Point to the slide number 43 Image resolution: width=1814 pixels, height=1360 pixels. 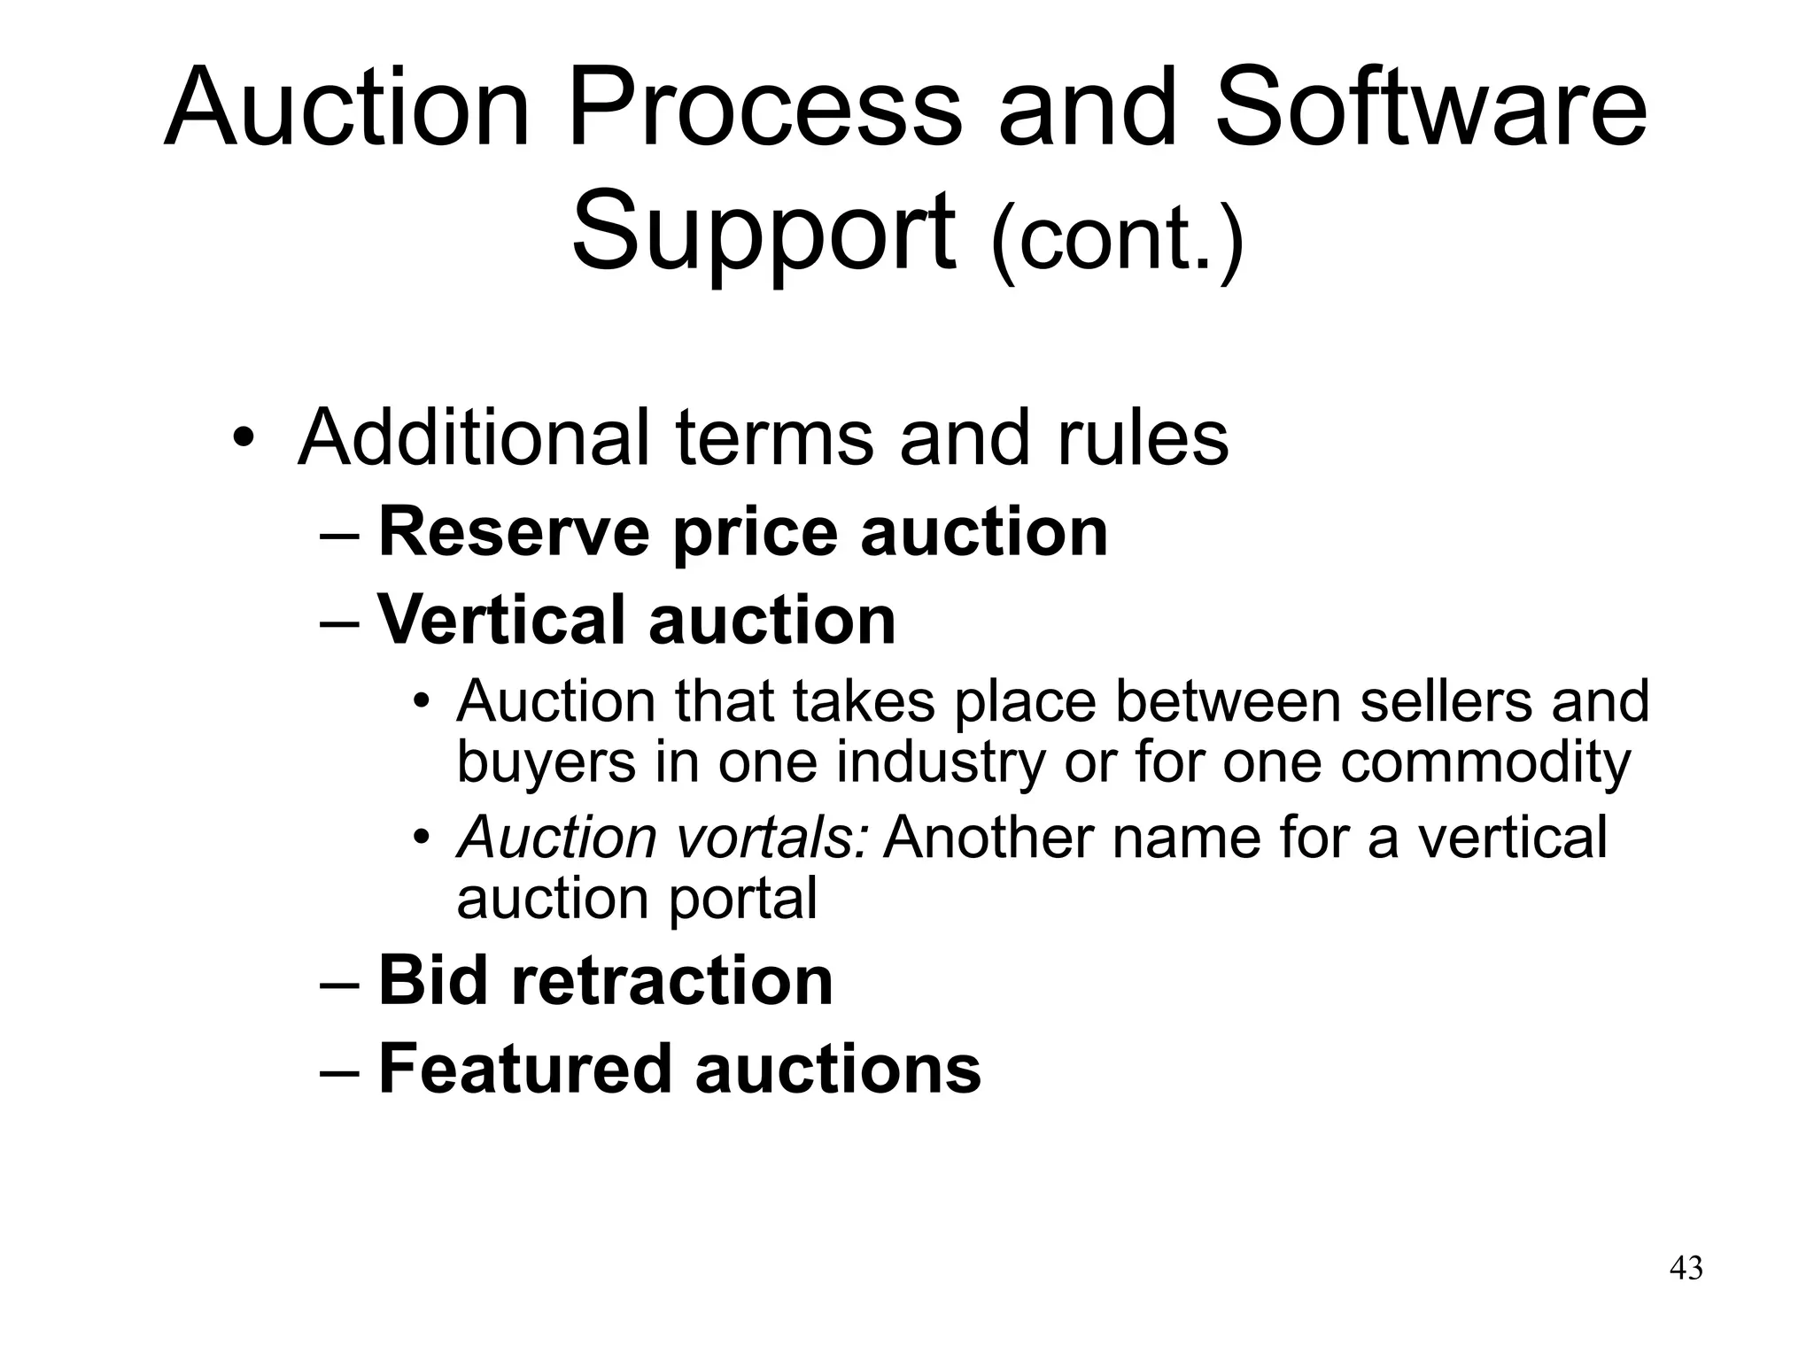pyautogui.click(x=1686, y=1269)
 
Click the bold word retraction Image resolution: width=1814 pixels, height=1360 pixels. pyautogui.click(x=672, y=980)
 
